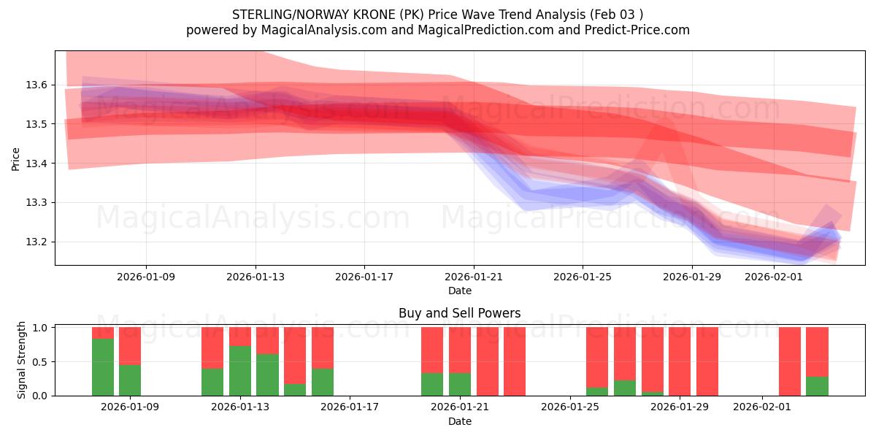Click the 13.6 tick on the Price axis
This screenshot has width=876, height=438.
pos(37,85)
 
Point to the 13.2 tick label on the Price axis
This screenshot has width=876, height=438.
pos(37,242)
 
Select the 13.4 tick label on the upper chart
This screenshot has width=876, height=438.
pos(37,164)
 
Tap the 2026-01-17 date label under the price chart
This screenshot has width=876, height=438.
pos(364,277)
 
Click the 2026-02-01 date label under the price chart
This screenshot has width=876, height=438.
pos(773,277)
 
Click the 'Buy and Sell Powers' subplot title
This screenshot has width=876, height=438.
pos(459,313)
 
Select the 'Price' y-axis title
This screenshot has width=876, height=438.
pos(16,158)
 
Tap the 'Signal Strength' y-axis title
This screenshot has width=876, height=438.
pos(22,360)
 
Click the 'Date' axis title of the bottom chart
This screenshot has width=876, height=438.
pos(459,421)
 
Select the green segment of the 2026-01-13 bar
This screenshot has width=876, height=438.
pos(240,371)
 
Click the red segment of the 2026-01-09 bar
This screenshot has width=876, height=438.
pos(130,345)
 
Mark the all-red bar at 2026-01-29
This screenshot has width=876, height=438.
pos(707,361)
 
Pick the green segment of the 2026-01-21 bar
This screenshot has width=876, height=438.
pos(460,384)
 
